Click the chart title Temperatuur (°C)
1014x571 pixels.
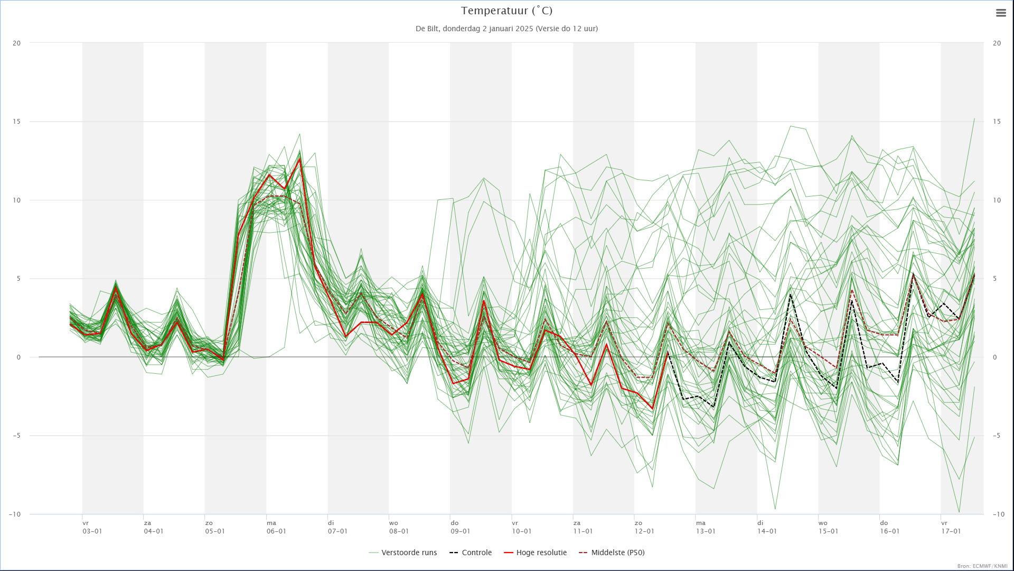coord(506,11)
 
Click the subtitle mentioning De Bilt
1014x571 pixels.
coord(506,29)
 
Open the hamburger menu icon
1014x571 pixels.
coord(1001,13)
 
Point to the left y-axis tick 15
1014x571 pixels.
coord(17,122)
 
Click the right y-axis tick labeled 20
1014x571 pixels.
coord(997,43)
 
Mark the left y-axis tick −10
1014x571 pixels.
coord(15,514)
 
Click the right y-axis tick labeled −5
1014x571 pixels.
coord(996,436)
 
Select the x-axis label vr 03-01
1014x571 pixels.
coord(92,527)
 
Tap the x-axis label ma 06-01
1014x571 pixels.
coord(276,527)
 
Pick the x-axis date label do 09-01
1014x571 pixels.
coord(460,527)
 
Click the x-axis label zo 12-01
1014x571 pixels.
coord(644,527)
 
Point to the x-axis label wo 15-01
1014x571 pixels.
coord(828,527)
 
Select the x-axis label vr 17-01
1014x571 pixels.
coord(951,527)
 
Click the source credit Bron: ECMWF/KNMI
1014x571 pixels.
coord(982,566)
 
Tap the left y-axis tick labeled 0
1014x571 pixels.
coord(18,357)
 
